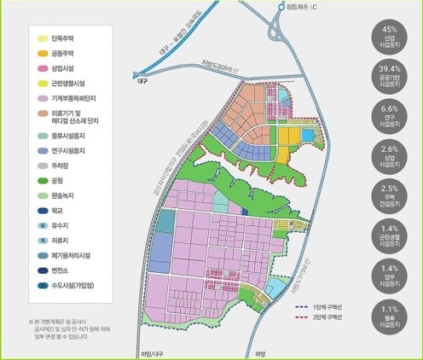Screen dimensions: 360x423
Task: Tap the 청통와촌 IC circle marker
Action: pos(282,8)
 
